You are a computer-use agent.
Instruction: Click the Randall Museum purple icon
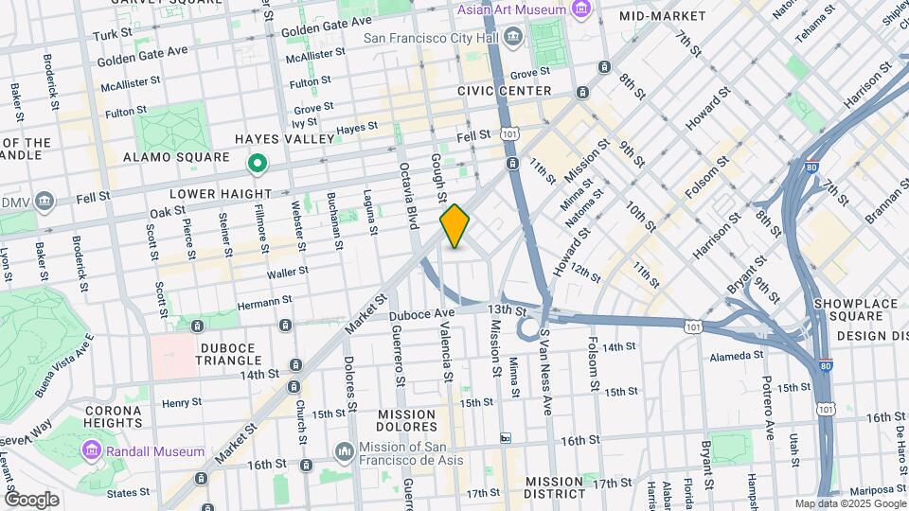point(92,448)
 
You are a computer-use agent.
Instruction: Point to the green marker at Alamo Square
point(257,166)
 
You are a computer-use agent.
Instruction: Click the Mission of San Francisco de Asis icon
point(344,449)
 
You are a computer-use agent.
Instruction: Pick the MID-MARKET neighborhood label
point(662,16)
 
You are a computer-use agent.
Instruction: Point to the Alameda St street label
point(737,356)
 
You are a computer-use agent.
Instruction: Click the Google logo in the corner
point(31,500)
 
